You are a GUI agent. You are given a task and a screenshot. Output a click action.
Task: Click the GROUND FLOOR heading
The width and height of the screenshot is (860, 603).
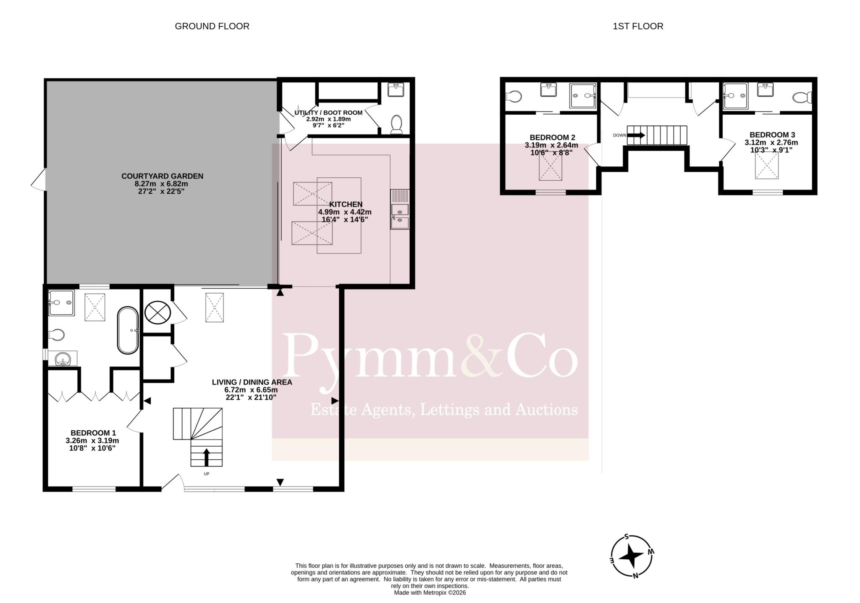pyautogui.click(x=212, y=26)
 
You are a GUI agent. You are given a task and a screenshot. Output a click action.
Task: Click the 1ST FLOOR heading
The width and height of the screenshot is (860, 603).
pyautogui.click(x=638, y=26)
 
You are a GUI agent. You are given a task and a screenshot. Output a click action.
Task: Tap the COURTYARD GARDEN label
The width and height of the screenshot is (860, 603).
pyautogui.click(x=162, y=176)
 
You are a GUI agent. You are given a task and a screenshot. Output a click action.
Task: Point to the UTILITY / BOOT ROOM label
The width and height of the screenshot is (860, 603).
pyautogui.click(x=328, y=113)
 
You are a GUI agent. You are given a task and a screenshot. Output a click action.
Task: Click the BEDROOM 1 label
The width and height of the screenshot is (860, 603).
pyautogui.click(x=93, y=433)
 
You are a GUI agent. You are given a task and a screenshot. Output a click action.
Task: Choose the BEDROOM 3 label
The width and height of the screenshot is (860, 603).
pyautogui.click(x=772, y=135)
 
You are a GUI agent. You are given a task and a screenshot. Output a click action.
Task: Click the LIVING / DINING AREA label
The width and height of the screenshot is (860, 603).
pyautogui.click(x=252, y=382)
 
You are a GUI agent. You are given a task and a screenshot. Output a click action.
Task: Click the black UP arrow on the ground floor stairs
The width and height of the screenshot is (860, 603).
pyautogui.click(x=206, y=457)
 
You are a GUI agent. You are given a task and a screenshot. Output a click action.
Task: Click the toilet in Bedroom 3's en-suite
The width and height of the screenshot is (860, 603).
pyautogui.click(x=802, y=98)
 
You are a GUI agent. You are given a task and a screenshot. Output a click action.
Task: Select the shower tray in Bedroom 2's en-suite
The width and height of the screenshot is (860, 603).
pyautogui.click(x=583, y=96)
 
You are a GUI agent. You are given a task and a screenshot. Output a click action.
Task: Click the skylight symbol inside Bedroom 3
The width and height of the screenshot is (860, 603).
pyautogui.click(x=767, y=166)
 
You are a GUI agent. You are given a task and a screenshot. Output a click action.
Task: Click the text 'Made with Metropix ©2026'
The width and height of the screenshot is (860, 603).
pyautogui.click(x=430, y=593)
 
